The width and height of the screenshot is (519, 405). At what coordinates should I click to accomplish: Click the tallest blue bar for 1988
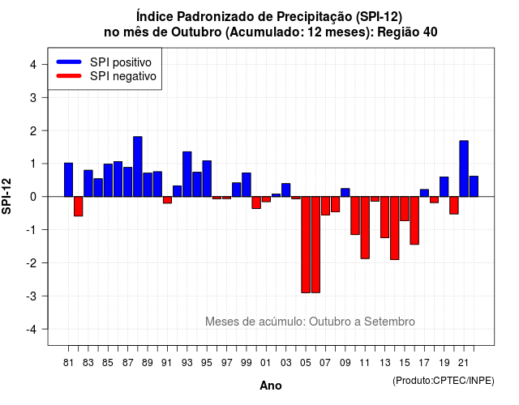(138, 166)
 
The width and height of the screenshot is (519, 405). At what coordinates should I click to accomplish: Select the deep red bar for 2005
(306, 245)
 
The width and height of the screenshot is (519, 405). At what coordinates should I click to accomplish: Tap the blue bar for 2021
(464, 168)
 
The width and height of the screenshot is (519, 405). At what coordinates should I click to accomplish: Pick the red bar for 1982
(79, 207)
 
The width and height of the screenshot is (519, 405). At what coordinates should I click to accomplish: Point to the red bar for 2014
(395, 228)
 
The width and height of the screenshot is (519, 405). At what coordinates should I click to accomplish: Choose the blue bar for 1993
(187, 174)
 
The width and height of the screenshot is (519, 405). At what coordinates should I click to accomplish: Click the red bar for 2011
(365, 228)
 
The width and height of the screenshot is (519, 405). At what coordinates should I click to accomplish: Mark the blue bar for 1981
(68, 180)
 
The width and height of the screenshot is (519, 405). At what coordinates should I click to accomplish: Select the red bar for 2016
(414, 220)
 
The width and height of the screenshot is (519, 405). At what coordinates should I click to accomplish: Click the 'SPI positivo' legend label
(121, 62)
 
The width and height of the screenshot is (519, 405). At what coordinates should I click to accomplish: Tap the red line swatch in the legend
(69, 76)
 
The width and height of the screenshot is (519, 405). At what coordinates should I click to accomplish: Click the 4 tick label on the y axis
(33, 65)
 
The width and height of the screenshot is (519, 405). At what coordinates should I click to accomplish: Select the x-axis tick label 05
(306, 363)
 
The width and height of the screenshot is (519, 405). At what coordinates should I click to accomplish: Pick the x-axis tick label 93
(187, 363)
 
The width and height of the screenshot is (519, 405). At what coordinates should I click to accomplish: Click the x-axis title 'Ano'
(271, 386)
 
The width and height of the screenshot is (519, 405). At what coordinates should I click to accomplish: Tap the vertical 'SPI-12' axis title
(6, 196)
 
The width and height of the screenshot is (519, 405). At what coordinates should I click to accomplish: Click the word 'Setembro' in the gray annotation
(389, 322)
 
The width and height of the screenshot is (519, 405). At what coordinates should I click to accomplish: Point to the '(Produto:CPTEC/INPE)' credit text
(444, 381)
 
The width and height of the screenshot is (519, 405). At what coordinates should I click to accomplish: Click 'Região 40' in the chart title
(407, 32)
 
